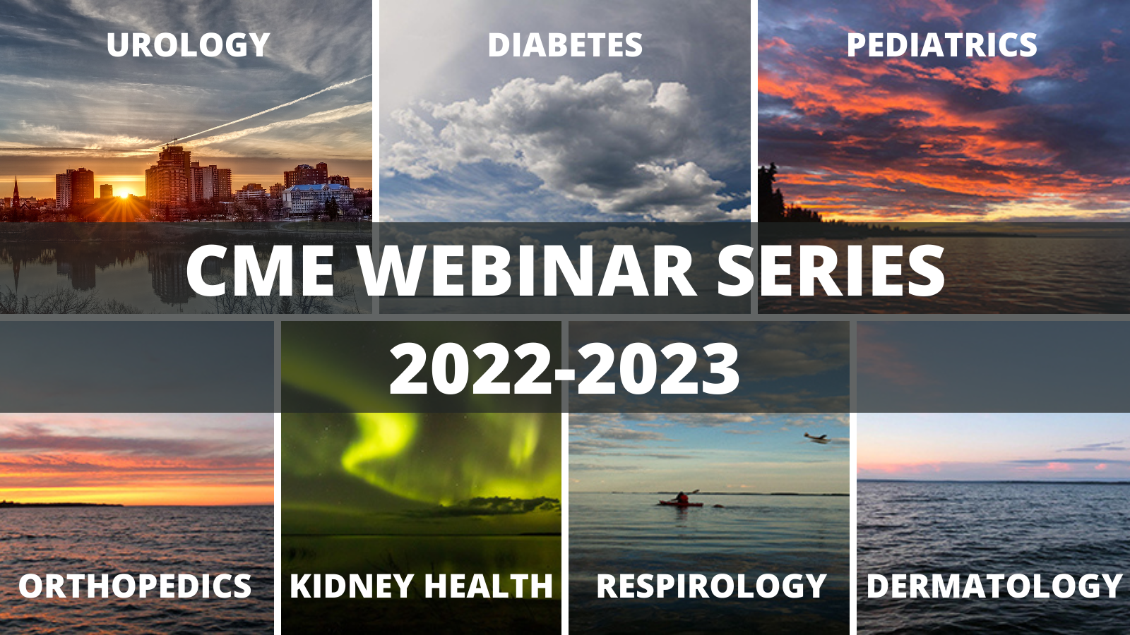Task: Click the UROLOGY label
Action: [188, 45]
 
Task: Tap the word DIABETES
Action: [565, 45]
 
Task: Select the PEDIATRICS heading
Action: [942, 45]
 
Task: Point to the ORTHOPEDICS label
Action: [135, 586]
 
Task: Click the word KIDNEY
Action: [352, 586]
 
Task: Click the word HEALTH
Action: [488, 586]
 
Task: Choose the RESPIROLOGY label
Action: [711, 586]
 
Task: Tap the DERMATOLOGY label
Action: [994, 586]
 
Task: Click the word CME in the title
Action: [261, 271]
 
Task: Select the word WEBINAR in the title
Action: [528, 271]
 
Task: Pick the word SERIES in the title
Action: [831, 271]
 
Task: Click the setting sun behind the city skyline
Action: [123, 193]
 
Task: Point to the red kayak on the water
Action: [681, 502]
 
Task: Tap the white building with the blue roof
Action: [318, 199]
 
